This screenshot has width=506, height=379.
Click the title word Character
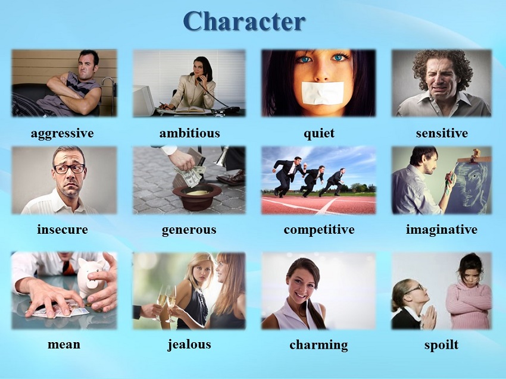(244, 21)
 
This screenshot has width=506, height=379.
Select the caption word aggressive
(63, 133)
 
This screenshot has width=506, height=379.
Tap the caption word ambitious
(189, 133)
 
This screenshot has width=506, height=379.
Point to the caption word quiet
(319, 133)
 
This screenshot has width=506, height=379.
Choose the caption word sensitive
(442, 133)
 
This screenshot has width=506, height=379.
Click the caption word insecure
(63, 229)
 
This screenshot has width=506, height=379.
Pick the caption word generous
(189, 230)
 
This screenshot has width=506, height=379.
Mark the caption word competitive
(319, 230)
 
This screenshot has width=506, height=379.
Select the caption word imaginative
(442, 230)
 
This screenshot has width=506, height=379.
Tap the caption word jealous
(189, 345)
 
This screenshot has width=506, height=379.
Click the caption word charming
(319, 345)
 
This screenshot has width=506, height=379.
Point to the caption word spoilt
(442, 345)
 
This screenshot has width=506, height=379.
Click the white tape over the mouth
(323, 93)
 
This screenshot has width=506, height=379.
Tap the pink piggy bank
(91, 277)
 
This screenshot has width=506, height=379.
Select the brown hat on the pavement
(197, 196)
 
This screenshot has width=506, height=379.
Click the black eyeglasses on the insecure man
(70, 169)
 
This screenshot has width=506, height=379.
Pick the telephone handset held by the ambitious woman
(199, 77)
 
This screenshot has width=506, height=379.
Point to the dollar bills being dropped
(189, 175)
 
